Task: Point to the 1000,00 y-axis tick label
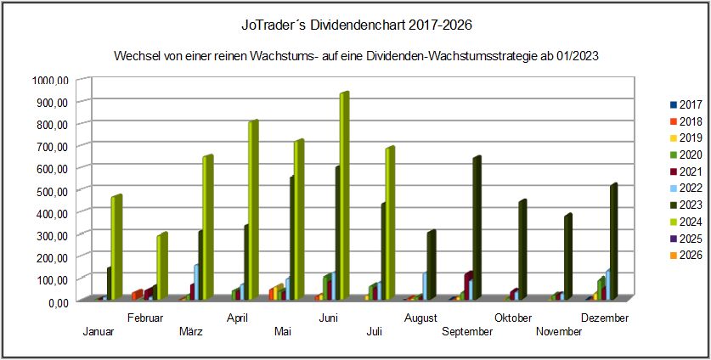(49, 80)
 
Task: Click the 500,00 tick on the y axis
(52, 190)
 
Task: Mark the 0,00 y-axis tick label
(55, 301)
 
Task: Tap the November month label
(559, 332)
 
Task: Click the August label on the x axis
(421, 318)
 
